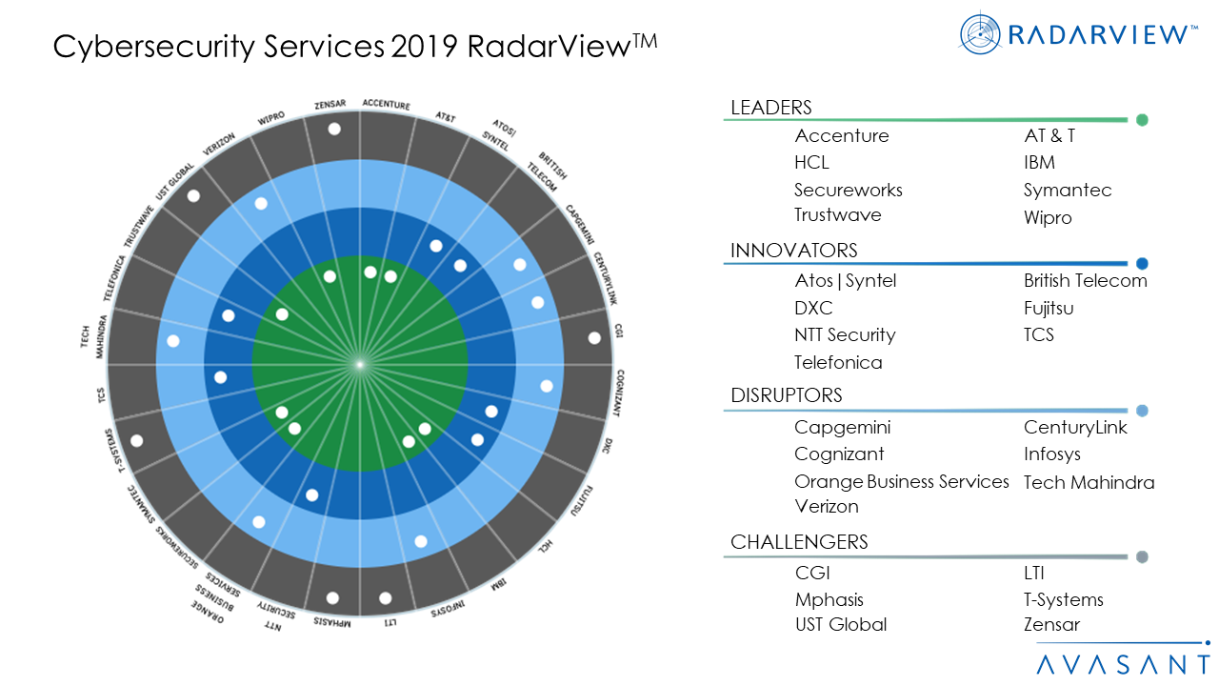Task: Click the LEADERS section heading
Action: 770,108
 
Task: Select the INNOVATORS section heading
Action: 793,251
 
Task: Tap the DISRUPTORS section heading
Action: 786,395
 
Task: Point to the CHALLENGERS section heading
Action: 799,542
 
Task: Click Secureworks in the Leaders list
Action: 848,190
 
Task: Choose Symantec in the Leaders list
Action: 1067,190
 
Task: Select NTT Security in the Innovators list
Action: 845,334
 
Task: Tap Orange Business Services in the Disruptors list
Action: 901,481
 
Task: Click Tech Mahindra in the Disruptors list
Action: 1089,482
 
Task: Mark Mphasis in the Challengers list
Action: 829,599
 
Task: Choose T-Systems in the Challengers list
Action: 1063,599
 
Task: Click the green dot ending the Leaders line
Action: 1142,120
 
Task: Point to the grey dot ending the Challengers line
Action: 1142,557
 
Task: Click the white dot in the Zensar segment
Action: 334,129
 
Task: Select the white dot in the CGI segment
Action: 594,337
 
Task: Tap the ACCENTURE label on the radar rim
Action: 386,105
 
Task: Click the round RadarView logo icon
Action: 981,34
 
